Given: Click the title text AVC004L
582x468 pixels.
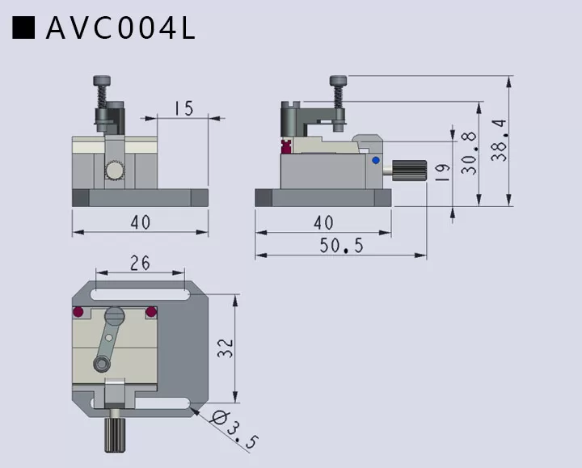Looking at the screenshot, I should [x=120, y=28].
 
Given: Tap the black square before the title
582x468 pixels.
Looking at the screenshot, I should [x=24, y=28].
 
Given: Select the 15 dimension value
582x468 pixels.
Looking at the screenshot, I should [x=183, y=108].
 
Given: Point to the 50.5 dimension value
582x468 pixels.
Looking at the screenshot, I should [x=341, y=246].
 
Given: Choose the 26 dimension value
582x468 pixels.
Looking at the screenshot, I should [x=139, y=263].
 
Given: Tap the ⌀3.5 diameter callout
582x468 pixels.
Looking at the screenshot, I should [x=234, y=430].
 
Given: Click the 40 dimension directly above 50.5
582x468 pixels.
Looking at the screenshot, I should [x=323, y=222].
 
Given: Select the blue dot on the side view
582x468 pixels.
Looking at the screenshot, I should [x=375, y=161].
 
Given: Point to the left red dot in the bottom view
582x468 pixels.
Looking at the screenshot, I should [x=78, y=312].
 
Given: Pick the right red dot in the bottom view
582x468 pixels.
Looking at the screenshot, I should [x=150, y=312].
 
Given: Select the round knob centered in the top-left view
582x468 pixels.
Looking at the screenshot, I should [x=114, y=171].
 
